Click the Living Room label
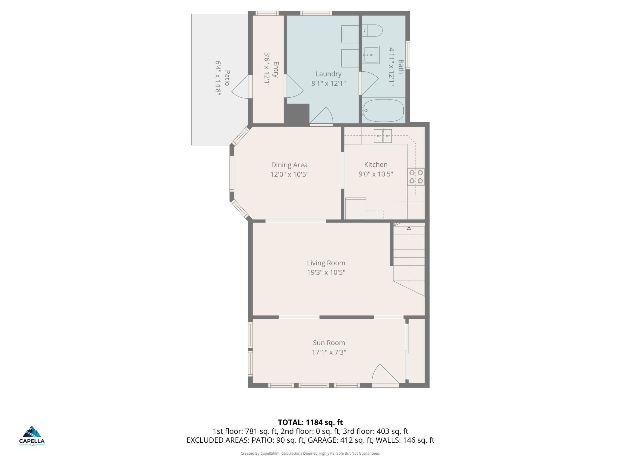click(326, 263)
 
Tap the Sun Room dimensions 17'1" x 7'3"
click(329, 352)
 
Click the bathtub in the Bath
click(383, 110)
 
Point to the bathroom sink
click(371, 55)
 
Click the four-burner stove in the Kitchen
click(416, 177)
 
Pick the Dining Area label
click(289, 165)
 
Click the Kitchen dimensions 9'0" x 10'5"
click(376, 174)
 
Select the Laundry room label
click(328, 74)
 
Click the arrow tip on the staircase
click(409, 227)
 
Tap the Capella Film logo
click(32, 436)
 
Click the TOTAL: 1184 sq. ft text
click(310, 422)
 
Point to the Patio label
click(227, 78)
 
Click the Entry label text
click(276, 70)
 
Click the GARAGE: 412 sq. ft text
click(340, 440)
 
